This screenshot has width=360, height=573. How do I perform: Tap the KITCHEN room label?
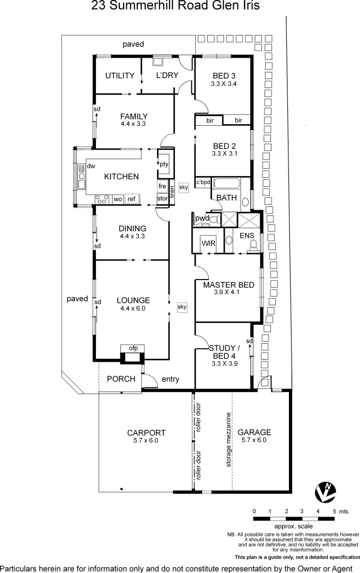click(121, 177)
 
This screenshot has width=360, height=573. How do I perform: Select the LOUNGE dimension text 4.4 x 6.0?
click(133, 308)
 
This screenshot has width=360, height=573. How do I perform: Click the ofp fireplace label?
click(133, 348)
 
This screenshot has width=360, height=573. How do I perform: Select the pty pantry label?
click(164, 164)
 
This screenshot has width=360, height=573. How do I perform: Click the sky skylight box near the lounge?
click(182, 307)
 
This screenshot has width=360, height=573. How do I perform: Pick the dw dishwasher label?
click(91, 166)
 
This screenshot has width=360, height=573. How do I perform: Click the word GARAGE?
click(254, 432)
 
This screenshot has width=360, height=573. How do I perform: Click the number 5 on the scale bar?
click(334, 511)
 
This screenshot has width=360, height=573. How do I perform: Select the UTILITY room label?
click(119, 75)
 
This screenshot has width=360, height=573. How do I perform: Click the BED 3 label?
click(224, 75)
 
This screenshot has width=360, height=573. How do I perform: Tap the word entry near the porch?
click(170, 379)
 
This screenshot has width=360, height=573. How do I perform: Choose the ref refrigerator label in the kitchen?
click(131, 199)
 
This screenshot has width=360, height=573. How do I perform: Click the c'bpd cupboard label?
click(203, 182)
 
